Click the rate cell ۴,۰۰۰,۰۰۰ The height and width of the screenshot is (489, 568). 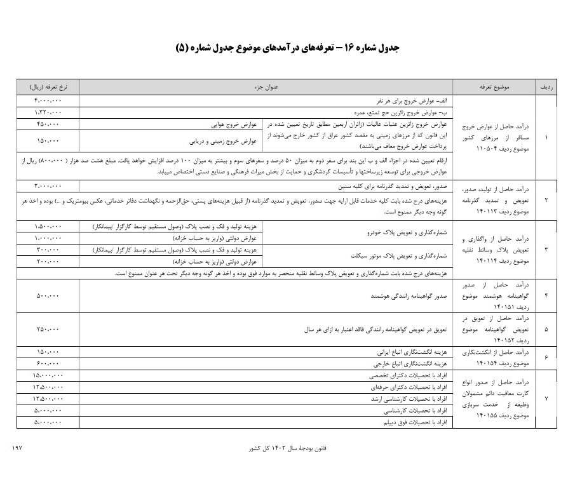coord(48,101)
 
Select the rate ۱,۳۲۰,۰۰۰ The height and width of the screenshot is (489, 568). coord(48,112)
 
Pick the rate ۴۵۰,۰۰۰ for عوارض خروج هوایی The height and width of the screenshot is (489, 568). coord(48,124)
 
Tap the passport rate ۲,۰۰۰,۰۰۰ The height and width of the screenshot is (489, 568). coord(48,186)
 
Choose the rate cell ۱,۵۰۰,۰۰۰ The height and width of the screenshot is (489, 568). coord(48,227)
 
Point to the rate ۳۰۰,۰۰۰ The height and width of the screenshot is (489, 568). coord(48,250)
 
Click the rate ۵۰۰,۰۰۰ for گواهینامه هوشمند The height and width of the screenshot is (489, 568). coord(48,296)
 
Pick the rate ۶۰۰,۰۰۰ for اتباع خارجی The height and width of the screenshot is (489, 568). coord(48,363)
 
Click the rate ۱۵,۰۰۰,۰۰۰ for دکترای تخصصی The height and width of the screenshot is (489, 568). coord(48,375)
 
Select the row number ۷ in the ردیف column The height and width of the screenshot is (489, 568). coord(546,398)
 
